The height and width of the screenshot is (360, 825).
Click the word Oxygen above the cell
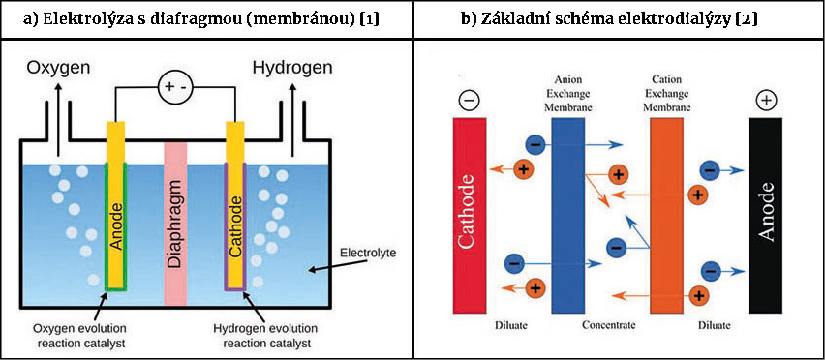click(x=57, y=69)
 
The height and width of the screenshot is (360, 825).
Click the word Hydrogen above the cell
click(x=293, y=69)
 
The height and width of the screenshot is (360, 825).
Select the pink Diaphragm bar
click(x=175, y=224)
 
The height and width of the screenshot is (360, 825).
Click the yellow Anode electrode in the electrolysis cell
click(x=116, y=205)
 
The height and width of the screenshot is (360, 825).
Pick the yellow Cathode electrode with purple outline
click(x=234, y=205)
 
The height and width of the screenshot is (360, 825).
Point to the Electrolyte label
click(x=366, y=254)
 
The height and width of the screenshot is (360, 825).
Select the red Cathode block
click(x=470, y=216)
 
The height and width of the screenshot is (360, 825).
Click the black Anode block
click(x=765, y=216)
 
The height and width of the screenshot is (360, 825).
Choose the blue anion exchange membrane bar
click(x=568, y=216)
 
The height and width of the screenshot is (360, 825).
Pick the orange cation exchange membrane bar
click(x=666, y=216)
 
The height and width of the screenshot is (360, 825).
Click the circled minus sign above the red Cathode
click(x=469, y=101)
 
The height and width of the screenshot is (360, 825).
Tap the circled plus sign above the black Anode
click(x=765, y=101)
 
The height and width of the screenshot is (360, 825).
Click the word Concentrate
click(x=609, y=325)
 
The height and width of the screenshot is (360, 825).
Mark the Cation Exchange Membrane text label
click(x=666, y=94)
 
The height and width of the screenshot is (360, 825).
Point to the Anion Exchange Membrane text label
click(x=568, y=94)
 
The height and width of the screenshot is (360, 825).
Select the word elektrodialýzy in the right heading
click(x=690, y=20)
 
